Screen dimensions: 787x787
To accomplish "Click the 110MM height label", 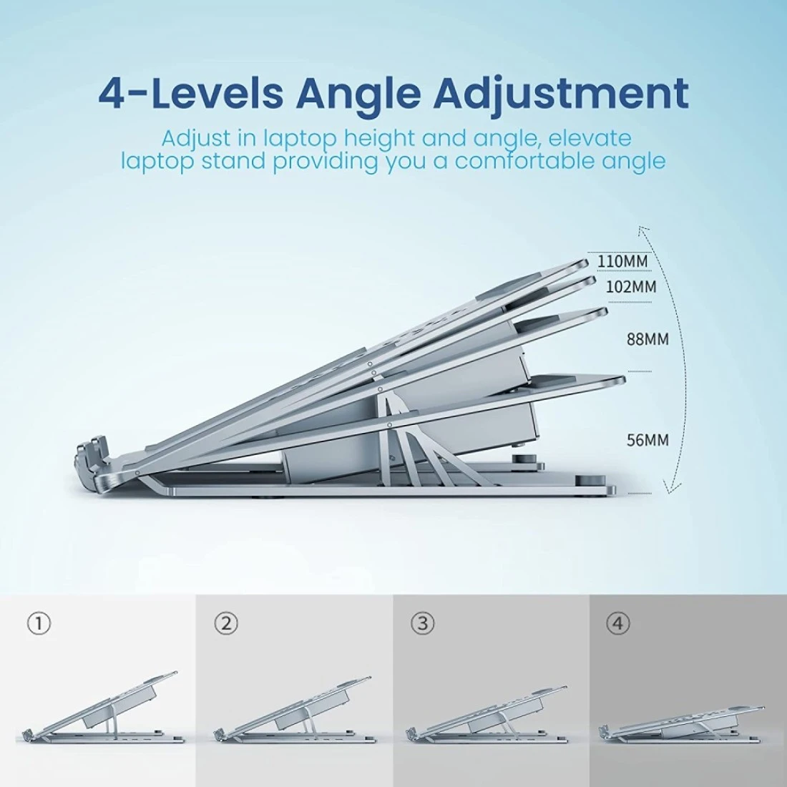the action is pyautogui.click(x=622, y=261).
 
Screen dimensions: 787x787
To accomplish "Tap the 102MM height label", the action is pyautogui.click(x=631, y=287).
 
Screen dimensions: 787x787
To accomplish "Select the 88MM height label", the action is pyautogui.click(x=647, y=339).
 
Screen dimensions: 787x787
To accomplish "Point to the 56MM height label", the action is pyautogui.click(x=647, y=440).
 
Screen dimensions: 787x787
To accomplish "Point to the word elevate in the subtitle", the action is pyautogui.click(x=590, y=138).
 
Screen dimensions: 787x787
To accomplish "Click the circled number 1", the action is pyautogui.click(x=39, y=623).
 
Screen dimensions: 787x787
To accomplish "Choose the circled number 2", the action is pyautogui.click(x=226, y=623).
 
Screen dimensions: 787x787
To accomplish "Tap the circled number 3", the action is pyautogui.click(x=423, y=623).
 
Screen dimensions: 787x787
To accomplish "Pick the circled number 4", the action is pyautogui.click(x=618, y=623).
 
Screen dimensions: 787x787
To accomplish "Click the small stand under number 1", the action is pyautogui.click(x=100, y=708).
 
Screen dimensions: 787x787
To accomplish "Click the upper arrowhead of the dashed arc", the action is pyautogui.click(x=642, y=231).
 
